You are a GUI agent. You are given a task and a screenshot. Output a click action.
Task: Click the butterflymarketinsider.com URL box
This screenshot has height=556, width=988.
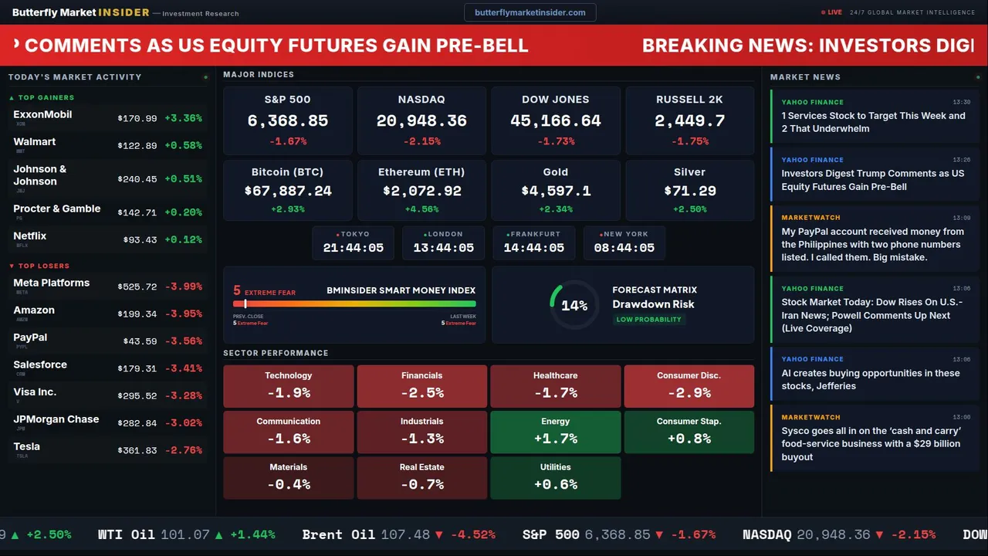(x=530, y=12)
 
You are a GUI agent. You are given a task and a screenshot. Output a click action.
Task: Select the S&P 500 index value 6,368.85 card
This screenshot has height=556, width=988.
(x=287, y=120)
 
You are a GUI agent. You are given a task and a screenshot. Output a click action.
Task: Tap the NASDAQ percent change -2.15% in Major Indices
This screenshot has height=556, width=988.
(x=421, y=141)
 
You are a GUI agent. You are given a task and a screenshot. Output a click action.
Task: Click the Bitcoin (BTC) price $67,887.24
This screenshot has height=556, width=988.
(x=288, y=191)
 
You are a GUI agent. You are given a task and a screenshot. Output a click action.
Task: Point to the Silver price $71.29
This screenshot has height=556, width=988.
(x=689, y=191)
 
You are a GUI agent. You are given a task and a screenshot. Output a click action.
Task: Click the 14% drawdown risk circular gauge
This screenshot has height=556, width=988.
(x=574, y=305)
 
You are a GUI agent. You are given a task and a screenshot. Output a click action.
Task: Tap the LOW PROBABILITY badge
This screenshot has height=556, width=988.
(x=648, y=320)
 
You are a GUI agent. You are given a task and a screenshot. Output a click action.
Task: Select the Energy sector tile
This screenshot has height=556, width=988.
(x=555, y=432)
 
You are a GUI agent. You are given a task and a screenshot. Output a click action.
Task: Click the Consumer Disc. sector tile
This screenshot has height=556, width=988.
(x=689, y=386)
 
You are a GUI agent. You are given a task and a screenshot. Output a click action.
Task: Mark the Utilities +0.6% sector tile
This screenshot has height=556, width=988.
(x=555, y=477)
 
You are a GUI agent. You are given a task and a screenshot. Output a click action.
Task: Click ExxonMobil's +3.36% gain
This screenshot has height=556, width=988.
(x=184, y=118)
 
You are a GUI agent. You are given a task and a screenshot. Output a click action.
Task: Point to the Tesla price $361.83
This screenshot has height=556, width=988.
(x=137, y=450)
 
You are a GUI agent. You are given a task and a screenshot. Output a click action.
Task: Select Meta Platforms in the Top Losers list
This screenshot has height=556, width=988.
(x=52, y=283)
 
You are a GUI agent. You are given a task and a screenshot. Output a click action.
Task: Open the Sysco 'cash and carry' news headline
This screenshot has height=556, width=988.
(x=871, y=443)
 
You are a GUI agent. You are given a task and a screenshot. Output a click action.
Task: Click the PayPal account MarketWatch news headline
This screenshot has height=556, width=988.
(x=872, y=244)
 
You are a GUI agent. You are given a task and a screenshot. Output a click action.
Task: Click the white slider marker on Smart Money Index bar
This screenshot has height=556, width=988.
(x=245, y=303)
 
